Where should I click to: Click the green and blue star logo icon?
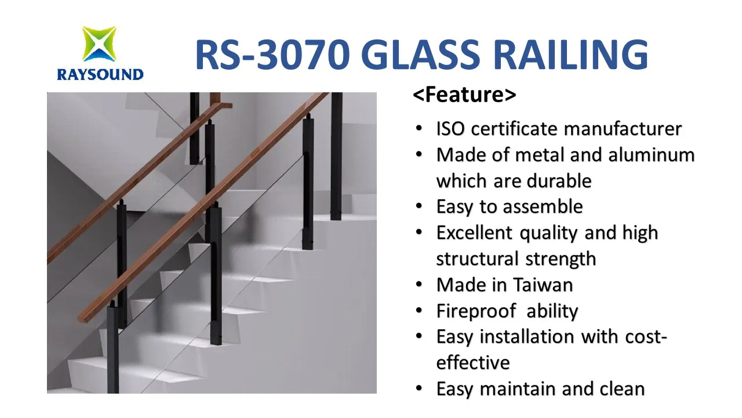coord(99,44)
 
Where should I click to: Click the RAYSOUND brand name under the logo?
coord(100,74)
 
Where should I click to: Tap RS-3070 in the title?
coord(272,55)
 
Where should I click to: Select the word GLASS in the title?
coord(423,55)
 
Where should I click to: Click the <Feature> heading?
coord(464,95)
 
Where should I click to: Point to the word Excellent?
coord(474,233)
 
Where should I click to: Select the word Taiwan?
coord(543,284)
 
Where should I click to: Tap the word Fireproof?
coord(476,311)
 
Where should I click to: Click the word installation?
coord(527,337)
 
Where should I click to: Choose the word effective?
coord(473,363)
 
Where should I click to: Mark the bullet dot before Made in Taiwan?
coord(419,284)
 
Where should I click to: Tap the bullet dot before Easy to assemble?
coord(419,206)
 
